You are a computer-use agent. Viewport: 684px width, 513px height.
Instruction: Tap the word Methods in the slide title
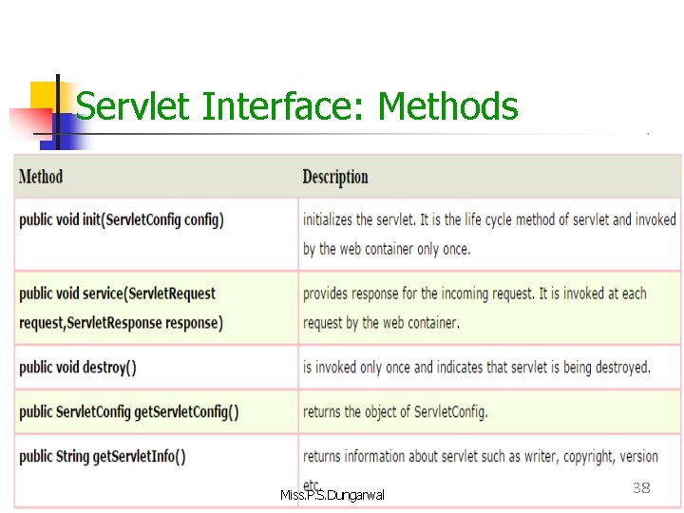447,106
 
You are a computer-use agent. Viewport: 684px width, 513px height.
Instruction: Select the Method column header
41,177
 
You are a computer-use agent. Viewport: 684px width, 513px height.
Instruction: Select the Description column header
335,177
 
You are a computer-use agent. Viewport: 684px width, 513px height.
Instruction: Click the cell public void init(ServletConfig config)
122,220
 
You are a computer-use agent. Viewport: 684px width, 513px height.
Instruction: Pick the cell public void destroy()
78,368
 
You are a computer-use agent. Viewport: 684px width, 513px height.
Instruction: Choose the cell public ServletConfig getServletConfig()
129,412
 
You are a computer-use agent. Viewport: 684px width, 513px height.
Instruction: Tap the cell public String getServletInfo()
103,456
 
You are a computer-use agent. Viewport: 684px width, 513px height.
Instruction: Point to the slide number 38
641,488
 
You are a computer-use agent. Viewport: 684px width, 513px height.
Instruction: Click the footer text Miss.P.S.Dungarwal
332,495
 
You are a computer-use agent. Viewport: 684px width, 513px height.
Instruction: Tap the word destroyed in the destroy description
617,368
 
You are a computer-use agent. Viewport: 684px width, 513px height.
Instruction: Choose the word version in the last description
638,457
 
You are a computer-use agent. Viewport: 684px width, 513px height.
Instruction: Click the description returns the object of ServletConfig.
395,412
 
